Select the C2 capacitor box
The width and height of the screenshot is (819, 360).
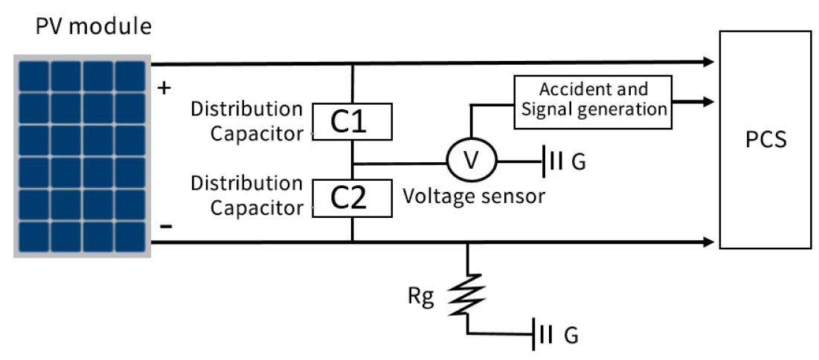point(352,199)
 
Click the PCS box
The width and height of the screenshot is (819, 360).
point(765,139)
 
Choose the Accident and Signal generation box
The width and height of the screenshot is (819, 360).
point(593,100)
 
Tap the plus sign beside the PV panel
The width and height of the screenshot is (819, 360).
point(165,88)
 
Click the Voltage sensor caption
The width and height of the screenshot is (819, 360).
point(475,197)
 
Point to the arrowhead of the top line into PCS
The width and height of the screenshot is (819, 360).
point(707,62)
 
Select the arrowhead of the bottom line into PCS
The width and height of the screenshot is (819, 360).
point(707,242)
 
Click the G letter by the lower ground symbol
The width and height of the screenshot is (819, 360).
point(571,335)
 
